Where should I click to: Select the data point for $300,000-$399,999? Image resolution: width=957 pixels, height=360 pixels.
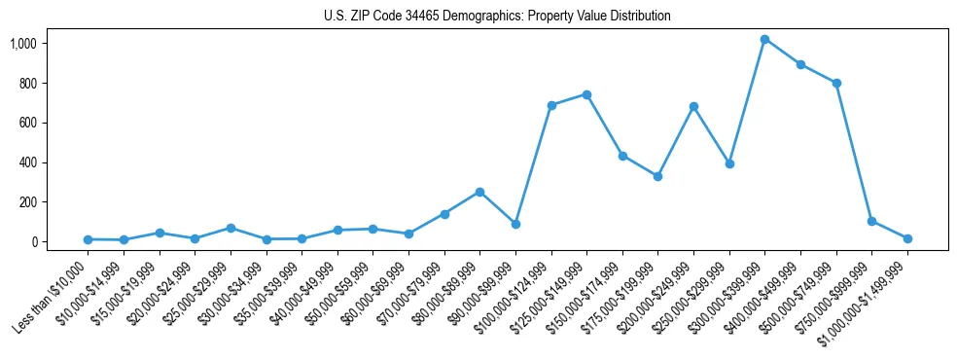click(764, 39)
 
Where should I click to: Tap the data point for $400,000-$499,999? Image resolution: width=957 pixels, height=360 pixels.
click(800, 64)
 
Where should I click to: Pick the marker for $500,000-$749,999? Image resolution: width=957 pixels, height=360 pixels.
click(836, 83)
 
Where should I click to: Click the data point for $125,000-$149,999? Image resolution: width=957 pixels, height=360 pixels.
click(586, 94)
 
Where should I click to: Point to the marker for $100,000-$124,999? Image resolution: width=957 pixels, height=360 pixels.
click(551, 105)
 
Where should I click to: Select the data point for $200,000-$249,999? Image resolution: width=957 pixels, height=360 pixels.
click(693, 106)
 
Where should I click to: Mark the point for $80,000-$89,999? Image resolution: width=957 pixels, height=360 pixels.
click(479, 192)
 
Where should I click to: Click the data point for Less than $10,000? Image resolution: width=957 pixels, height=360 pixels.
click(88, 239)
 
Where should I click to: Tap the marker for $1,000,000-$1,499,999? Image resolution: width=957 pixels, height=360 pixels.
click(907, 238)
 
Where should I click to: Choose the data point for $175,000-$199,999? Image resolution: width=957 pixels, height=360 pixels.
click(657, 176)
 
